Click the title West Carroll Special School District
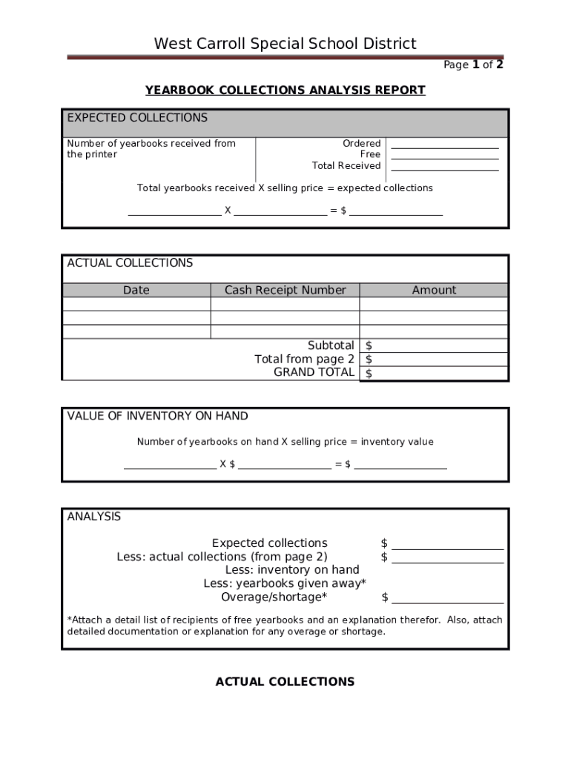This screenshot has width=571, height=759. pos(285,44)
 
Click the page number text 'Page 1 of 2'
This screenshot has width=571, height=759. pos(473,64)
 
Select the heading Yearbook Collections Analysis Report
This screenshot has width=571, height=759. pos(285,90)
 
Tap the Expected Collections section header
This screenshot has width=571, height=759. pos(137,118)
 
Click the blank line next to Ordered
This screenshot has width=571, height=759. pos(444,144)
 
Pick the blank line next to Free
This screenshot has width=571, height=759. pos(444,155)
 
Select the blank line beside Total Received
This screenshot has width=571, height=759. pos(444,166)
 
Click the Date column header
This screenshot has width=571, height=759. pos(136,291)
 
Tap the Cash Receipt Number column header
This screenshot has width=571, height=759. pos(285,291)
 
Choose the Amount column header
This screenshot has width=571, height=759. pos(434,291)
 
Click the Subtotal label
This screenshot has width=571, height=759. pos(331,345)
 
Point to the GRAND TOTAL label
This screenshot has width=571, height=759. pos(314,372)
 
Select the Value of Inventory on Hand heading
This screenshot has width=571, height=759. pos(157,416)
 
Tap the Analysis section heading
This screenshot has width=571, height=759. pos(93,517)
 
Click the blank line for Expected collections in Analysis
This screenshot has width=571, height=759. pos(447,544)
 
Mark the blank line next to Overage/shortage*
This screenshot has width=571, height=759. pos(447,598)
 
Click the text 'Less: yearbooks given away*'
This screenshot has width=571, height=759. pos(285,583)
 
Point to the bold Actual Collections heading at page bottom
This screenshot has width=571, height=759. pos(285,681)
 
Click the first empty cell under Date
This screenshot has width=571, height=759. pos(136,304)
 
